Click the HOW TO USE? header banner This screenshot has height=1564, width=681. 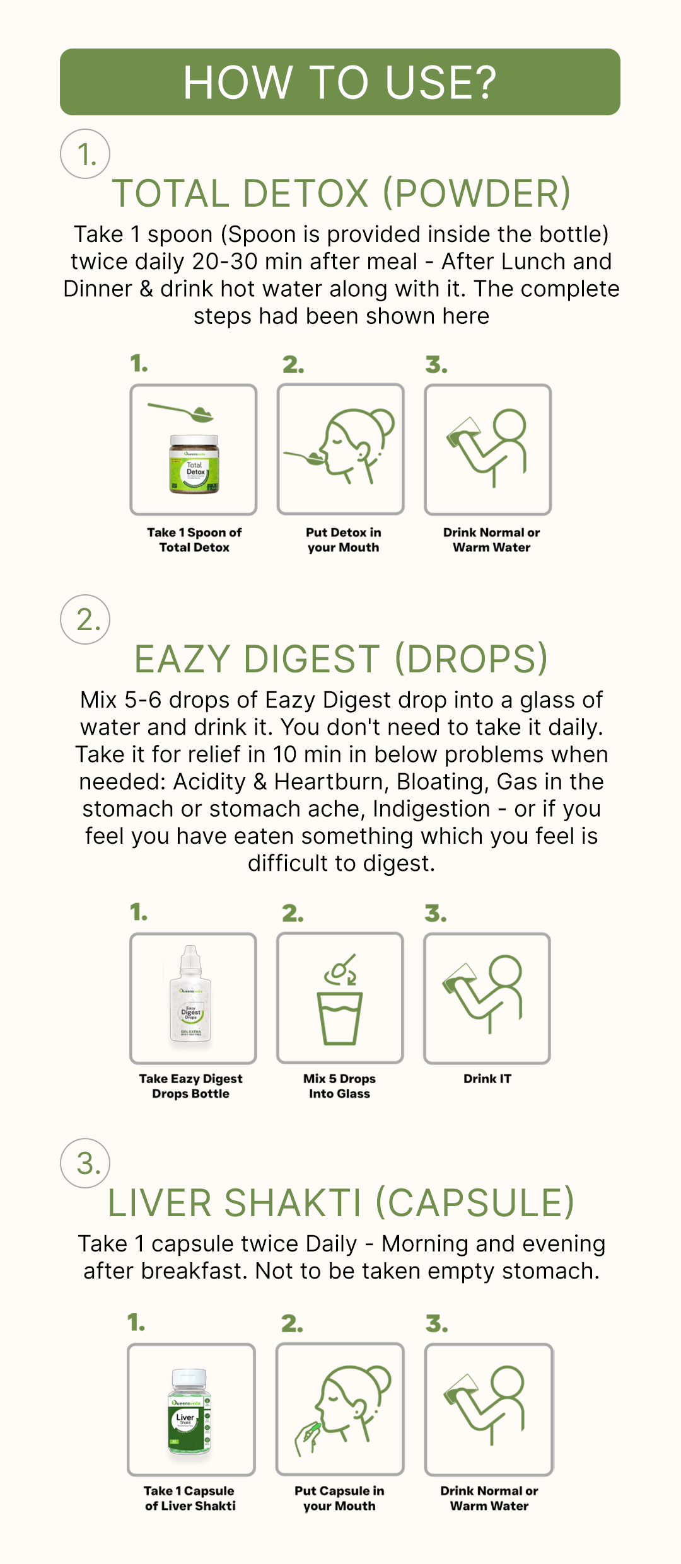[340, 82]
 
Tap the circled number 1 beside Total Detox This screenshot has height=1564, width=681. [85, 154]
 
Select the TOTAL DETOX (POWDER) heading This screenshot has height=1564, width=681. [341, 193]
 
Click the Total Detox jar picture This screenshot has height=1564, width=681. [194, 464]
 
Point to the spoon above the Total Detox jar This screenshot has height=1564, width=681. [181, 413]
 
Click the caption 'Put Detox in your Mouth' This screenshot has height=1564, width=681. [344, 540]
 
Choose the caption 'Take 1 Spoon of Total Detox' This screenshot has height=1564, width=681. [194, 540]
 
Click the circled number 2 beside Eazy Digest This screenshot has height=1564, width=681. [85, 619]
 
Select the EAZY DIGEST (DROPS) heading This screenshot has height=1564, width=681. [341, 659]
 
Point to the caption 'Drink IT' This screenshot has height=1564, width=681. [487, 1079]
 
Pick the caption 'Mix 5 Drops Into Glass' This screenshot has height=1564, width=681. [339, 1086]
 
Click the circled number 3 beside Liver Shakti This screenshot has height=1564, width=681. [85, 1163]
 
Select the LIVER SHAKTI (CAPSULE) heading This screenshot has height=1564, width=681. [341, 1203]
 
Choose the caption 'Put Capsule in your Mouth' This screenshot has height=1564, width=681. [339, 1498]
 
